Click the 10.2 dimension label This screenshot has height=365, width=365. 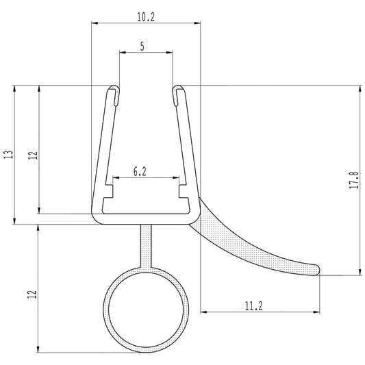(x=145, y=17)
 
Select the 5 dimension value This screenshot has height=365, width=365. (x=142, y=47)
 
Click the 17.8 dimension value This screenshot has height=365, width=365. (x=353, y=181)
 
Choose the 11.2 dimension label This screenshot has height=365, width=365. (x=253, y=306)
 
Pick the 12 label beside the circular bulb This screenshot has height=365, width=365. (x=32, y=294)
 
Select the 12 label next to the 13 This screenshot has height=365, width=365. (x=32, y=155)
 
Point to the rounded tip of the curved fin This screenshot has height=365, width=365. (x=317, y=269)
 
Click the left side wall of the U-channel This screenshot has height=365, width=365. (x=102, y=151)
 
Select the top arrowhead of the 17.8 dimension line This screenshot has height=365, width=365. (x=360, y=88)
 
